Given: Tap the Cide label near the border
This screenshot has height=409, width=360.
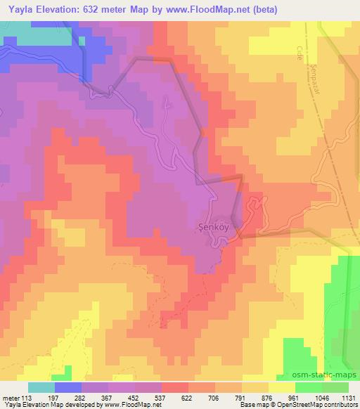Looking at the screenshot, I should [300, 56].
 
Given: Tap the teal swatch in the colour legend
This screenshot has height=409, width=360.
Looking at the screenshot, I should [41, 387].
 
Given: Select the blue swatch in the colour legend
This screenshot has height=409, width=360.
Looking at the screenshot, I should [68, 387].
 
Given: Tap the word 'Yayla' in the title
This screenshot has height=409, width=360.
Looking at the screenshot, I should [20, 9].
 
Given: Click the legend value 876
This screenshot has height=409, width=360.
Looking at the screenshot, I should [269, 397].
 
